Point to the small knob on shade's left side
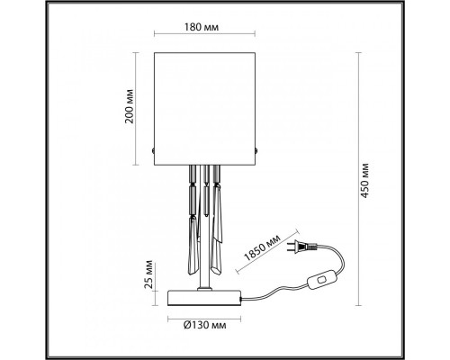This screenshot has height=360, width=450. click(x=156, y=149)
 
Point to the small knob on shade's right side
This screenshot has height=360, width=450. click(x=260, y=149)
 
